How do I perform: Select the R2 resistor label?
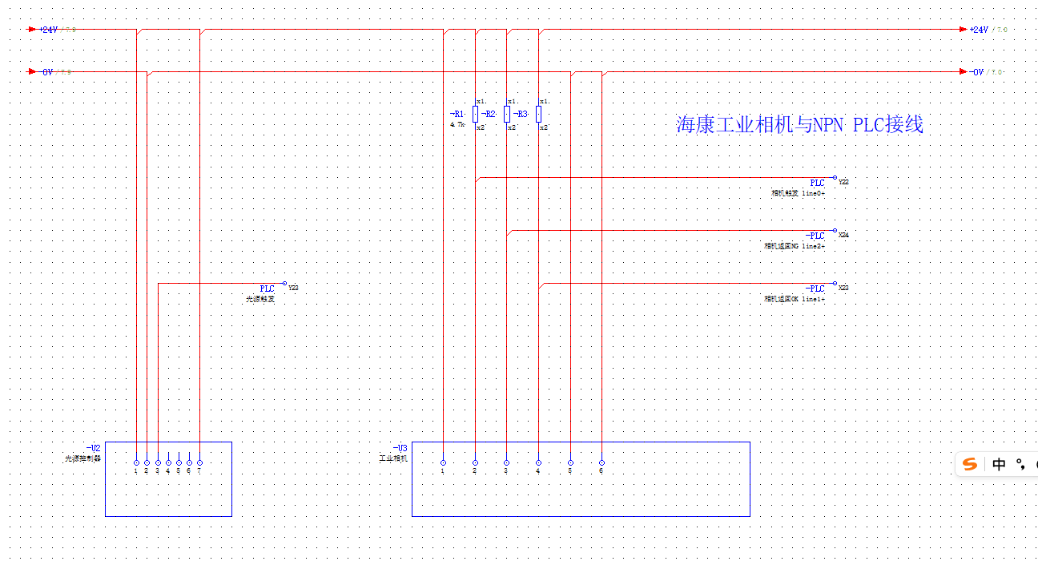(489, 114)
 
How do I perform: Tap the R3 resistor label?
(521, 114)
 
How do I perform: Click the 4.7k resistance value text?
(457, 124)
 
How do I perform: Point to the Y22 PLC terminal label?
(843, 183)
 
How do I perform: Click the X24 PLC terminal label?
(843, 236)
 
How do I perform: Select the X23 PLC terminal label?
(843, 288)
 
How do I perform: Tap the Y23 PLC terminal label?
(293, 288)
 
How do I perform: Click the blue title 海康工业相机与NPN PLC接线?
(799, 125)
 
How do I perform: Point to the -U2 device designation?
(93, 447)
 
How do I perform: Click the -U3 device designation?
(400, 447)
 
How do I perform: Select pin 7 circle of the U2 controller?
(199, 462)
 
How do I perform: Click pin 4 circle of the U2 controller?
(168, 462)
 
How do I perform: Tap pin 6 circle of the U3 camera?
(601, 462)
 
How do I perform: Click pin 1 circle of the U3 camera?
(443, 462)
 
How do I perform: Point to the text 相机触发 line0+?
(798, 193)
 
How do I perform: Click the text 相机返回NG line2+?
(794, 246)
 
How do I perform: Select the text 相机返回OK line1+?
(794, 299)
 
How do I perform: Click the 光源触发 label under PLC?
(259, 299)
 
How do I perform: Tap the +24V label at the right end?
(979, 30)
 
